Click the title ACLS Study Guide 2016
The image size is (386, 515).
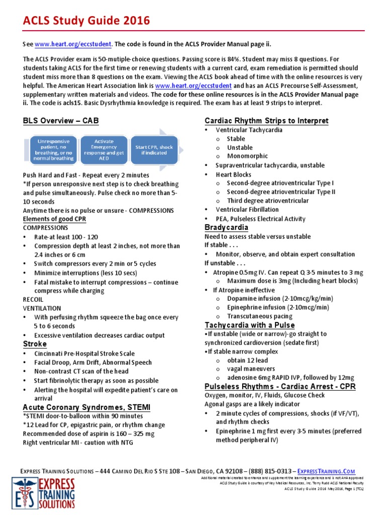86,21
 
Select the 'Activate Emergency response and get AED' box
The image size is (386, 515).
104,149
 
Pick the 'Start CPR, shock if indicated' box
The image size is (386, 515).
154,149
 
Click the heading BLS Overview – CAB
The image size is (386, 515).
61,121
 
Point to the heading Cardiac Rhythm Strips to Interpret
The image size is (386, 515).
266,121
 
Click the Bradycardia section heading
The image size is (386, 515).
227,227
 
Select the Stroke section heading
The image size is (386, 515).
35,344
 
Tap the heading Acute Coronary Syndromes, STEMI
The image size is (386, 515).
86,407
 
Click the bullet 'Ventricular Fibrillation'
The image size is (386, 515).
247,209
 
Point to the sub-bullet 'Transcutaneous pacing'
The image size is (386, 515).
260,316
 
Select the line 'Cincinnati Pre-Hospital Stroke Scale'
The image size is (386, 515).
84,354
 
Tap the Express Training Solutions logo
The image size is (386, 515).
44,493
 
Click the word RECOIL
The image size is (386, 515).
33,299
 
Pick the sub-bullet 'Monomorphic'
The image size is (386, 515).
247,156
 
